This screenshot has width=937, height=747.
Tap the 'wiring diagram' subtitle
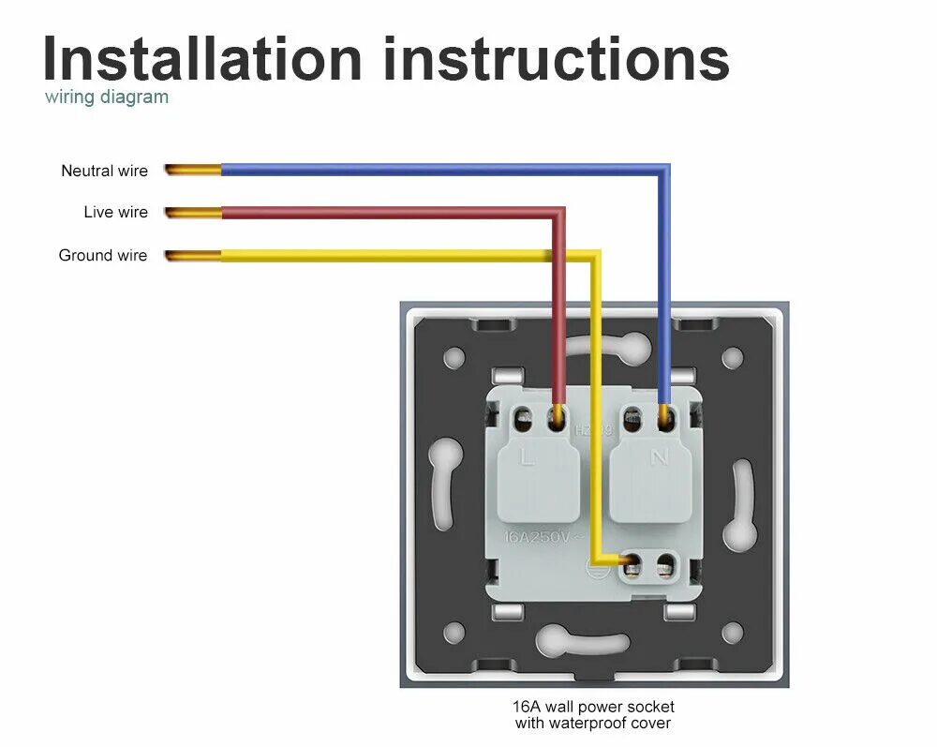[107, 97]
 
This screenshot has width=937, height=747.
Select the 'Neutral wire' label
[104, 171]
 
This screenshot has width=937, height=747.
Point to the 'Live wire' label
[115, 213]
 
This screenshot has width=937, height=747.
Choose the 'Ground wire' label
[103, 255]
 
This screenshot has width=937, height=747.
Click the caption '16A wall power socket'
[593, 706]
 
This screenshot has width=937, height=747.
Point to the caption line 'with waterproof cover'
[593, 723]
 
